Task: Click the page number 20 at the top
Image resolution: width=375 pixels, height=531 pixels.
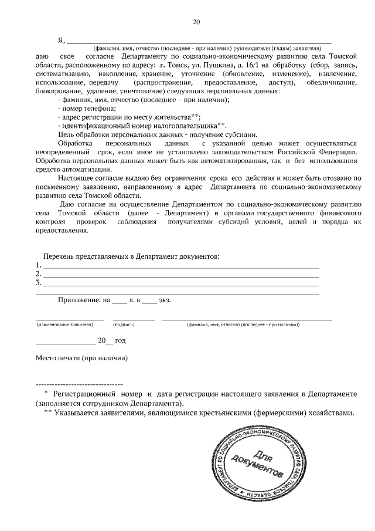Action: pos(196,22)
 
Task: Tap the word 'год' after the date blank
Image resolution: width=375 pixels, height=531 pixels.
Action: pos(120,340)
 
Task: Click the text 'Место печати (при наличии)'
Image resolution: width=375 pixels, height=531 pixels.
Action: pos(81,358)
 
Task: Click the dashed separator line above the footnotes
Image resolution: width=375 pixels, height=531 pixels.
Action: pos(79,383)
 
